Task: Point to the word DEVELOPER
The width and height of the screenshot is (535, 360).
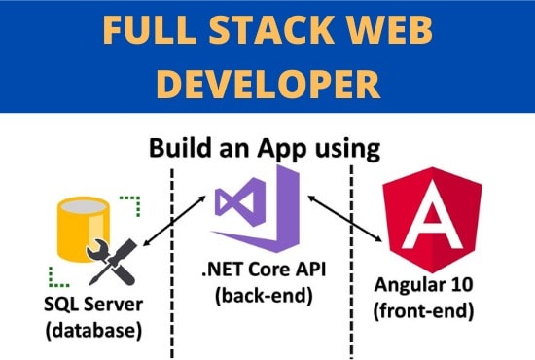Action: click(267, 84)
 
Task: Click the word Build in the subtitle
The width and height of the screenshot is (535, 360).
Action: click(180, 150)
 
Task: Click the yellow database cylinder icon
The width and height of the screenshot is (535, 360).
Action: click(82, 225)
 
